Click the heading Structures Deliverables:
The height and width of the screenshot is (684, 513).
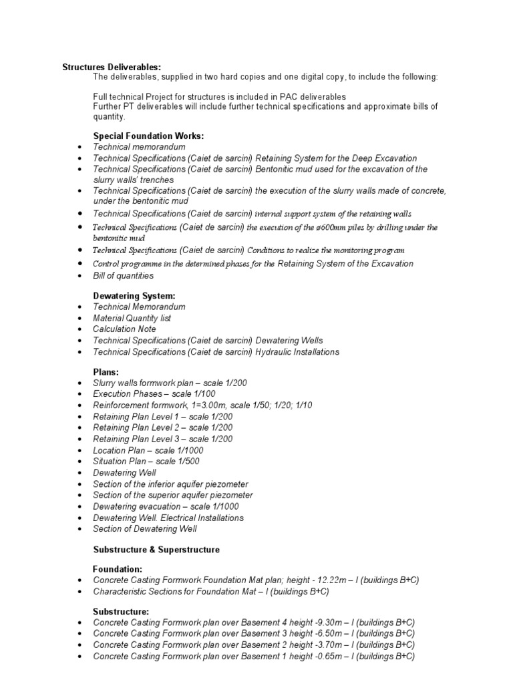(112, 67)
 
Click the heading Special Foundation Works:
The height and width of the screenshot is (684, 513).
(148, 136)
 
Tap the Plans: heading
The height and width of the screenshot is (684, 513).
(107, 371)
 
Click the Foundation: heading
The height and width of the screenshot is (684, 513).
(118, 568)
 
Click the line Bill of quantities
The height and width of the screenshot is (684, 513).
(123, 275)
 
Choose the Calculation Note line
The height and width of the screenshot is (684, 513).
(124, 329)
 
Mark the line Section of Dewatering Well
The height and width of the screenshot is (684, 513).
(145, 530)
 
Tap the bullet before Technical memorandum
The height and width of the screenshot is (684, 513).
(80, 147)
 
